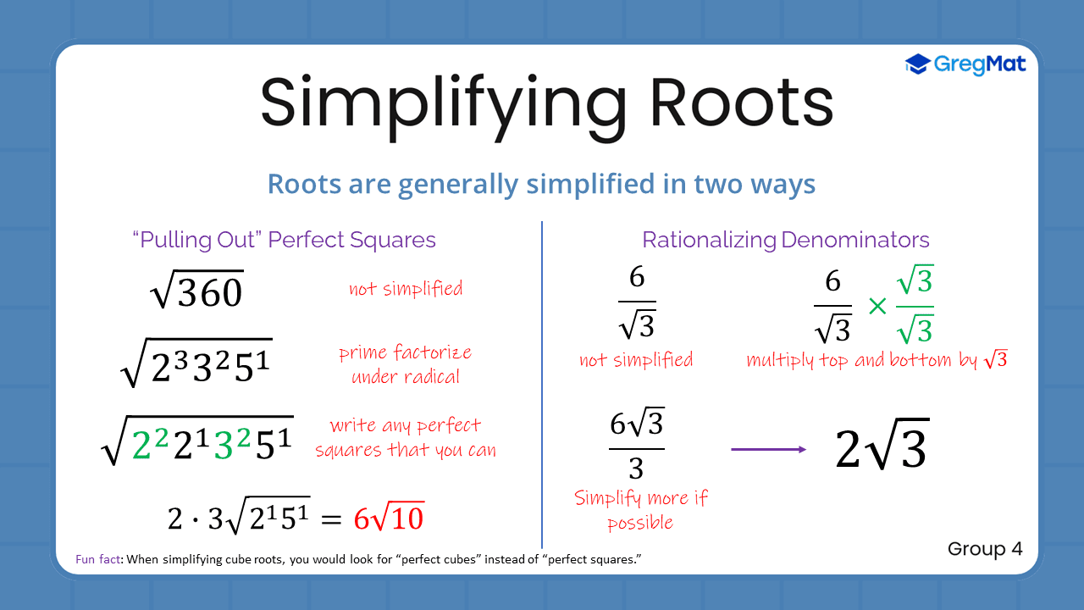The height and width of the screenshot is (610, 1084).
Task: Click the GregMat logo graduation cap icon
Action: (x=918, y=64)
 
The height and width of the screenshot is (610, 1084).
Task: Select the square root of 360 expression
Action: (x=196, y=291)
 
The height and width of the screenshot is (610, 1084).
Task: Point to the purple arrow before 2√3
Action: (x=768, y=449)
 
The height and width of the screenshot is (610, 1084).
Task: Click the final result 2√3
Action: (x=882, y=449)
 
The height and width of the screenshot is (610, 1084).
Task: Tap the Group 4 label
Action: (x=985, y=549)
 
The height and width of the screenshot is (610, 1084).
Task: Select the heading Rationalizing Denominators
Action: (x=785, y=240)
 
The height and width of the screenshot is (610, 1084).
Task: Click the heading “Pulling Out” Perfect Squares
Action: (x=285, y=240)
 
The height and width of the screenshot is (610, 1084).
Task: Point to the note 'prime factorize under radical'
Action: (x=405, y=364)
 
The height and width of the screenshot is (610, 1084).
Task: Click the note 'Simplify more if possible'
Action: (x=640, y=510)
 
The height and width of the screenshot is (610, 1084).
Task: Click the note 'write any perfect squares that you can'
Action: (x=406, y=437)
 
